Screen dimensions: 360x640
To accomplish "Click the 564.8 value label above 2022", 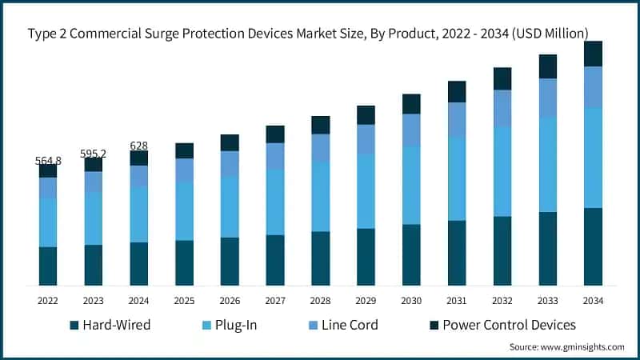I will (x=48, y=161).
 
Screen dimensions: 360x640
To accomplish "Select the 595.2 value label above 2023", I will (x=94, y=154).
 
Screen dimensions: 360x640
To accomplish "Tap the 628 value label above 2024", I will (x=139, y=146).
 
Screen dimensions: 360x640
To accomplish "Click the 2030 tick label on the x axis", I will (x=411, y=300).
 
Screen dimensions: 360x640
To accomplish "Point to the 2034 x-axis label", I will (x=593, y=300).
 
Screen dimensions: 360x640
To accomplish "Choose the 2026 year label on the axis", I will (x=230, y=300).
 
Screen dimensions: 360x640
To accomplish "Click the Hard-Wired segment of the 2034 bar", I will (x=593, y=246).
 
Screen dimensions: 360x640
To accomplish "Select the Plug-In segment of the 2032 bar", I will (x=502, y=171).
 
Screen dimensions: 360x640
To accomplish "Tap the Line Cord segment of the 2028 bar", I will (x=321, y=148).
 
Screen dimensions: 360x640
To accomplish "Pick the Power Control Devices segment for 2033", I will (x=547, y=66).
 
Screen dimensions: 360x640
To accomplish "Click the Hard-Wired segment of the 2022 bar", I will (x=48, y=266).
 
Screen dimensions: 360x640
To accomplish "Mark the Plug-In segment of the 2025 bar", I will (x=185, y=210).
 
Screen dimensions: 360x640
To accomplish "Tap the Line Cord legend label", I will (x=350, y=326).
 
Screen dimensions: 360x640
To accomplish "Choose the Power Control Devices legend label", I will (x=509, y=326).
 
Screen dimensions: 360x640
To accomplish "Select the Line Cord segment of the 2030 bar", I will (x=411, y=130).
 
